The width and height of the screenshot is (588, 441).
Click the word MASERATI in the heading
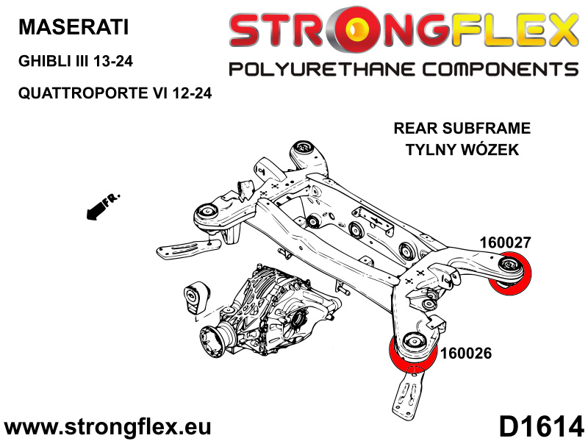tap(73, 27)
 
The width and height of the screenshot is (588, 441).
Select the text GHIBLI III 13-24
tap(76, 61)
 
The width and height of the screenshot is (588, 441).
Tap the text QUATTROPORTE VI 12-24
tap(115, 93)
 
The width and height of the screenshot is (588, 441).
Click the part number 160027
tap(506, 243)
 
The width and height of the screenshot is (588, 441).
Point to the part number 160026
tap(466, 354)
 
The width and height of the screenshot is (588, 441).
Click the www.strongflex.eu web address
tap(107, 427)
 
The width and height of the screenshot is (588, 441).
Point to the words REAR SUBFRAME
tap(462, 128)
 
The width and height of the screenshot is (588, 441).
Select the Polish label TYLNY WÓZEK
tap(462, 150)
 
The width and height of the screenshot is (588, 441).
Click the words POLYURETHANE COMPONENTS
tap(404, 70)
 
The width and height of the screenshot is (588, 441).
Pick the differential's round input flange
tap(212, 340)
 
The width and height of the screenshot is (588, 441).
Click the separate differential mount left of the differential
tap(196, 299)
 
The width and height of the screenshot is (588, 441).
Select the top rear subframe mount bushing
tap(303, 148)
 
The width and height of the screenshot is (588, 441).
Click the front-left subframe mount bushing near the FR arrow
tap(206, 212)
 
